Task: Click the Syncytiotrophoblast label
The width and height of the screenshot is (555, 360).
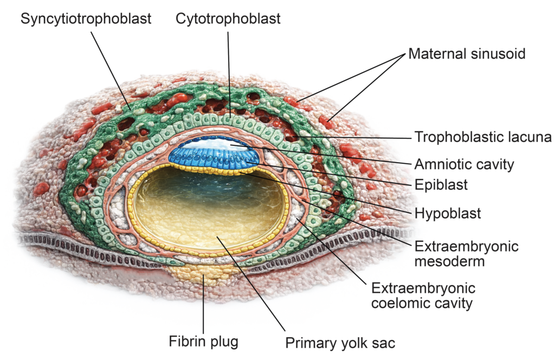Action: coord(86,18)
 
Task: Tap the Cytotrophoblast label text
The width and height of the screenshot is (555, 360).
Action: coord(228,18)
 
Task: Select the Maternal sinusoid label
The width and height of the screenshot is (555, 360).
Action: coord(467,54)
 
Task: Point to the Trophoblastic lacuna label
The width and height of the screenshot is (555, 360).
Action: coord(483,137)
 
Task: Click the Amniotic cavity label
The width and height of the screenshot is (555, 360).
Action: coord(464,164)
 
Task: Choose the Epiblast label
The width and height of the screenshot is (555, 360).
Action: coord(441,184)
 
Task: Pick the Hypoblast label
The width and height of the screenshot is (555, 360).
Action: coord(447,213)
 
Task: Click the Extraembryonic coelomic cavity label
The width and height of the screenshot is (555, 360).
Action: coord(423,295)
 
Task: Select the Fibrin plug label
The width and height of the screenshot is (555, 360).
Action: coord(203,342)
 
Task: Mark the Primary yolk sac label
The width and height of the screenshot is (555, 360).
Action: coord(340,343)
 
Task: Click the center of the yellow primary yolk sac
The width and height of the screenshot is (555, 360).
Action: coord(209,214)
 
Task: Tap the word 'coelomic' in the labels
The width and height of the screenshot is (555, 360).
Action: coord(397,303)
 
